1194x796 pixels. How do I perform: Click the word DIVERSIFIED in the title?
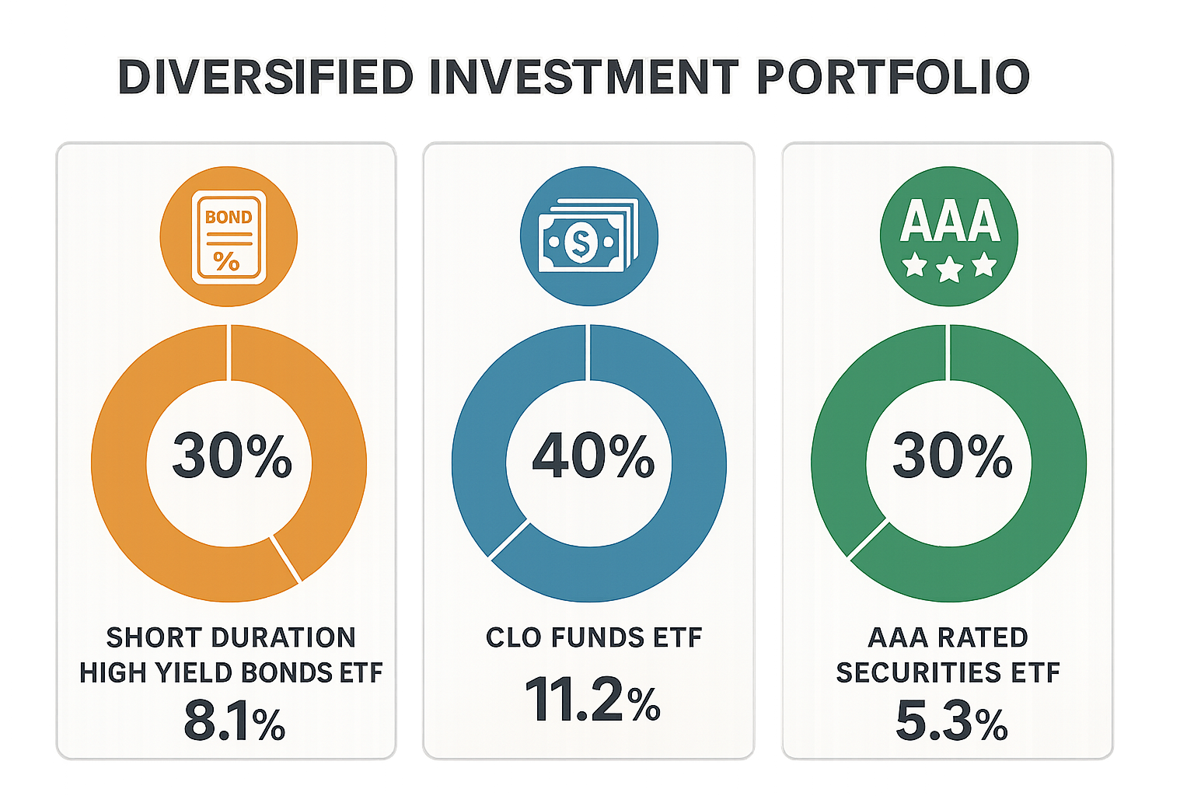tap(265, 77)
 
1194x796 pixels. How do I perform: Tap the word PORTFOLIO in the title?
tap(893, 77)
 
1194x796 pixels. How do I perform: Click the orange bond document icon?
tap(229, 237)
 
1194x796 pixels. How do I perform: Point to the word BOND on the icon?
tap(229, 217)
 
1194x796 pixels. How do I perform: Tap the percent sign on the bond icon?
tap(226, 261)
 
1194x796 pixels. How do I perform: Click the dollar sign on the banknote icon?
tap(581, 242)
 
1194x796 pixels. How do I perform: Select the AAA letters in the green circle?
tap(949, 221)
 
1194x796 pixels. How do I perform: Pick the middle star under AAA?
tap(949, 268)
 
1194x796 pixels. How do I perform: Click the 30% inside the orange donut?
tap(232, 456)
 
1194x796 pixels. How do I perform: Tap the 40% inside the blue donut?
tap(593, 456)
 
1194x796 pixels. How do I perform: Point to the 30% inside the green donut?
tap(952, 456)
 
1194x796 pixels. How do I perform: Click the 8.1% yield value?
tap(235, 721)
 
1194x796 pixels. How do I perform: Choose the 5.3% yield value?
tap(952, 721)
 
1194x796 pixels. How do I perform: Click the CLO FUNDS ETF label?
tap(594, 637)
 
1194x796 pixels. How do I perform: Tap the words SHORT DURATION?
tap(231, 637)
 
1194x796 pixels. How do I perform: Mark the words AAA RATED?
tap(948, 637)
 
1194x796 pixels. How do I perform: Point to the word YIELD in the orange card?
tap(187, 673)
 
